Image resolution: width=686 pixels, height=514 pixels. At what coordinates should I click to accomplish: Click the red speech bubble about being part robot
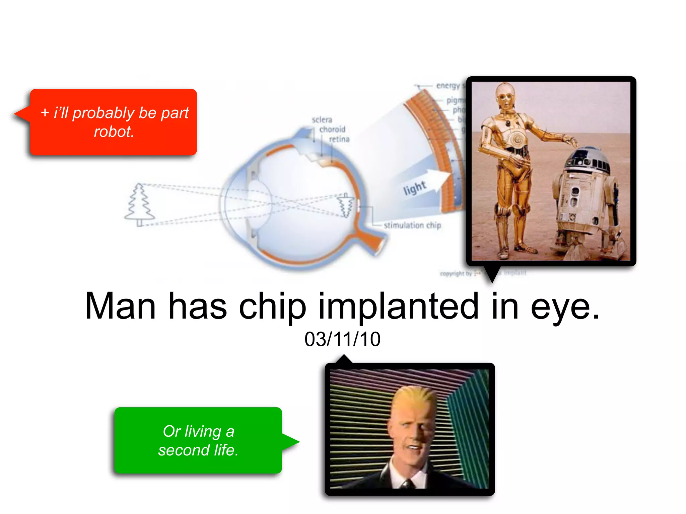pos(113,122)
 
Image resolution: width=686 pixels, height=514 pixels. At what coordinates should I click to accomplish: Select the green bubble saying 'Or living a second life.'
pos(198,440)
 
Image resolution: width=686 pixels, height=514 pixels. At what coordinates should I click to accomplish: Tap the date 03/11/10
pos(342,339)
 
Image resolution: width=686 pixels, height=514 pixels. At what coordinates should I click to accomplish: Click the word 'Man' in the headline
pos(121,306)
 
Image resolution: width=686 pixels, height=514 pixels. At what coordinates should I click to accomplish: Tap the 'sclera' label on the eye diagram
pos(322,120)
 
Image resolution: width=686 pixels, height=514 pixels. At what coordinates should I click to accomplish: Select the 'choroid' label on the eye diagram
pos(332,130)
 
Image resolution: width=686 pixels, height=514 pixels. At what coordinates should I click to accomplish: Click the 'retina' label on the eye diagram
pos(339,139)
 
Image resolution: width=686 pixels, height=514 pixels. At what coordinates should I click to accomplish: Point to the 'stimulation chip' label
pos(412,226)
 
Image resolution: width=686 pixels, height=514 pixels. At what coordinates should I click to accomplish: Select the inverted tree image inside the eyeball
pos(345,205)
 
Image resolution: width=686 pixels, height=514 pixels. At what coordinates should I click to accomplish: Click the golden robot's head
pos(505,95)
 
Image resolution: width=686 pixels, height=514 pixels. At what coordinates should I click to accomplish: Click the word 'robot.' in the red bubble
pos(114,132)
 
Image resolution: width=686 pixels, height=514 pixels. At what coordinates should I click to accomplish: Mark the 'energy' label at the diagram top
pos(448,86)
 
